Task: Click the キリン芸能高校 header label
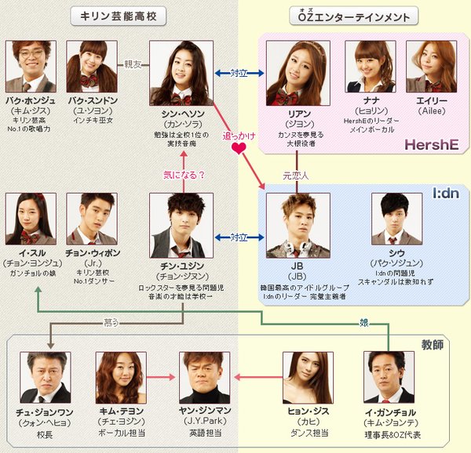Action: (x=119, y=16)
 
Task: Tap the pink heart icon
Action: (x=234, y=149)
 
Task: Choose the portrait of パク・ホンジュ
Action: (x=31, y=67)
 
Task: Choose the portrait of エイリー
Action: (x=431, y=67)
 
